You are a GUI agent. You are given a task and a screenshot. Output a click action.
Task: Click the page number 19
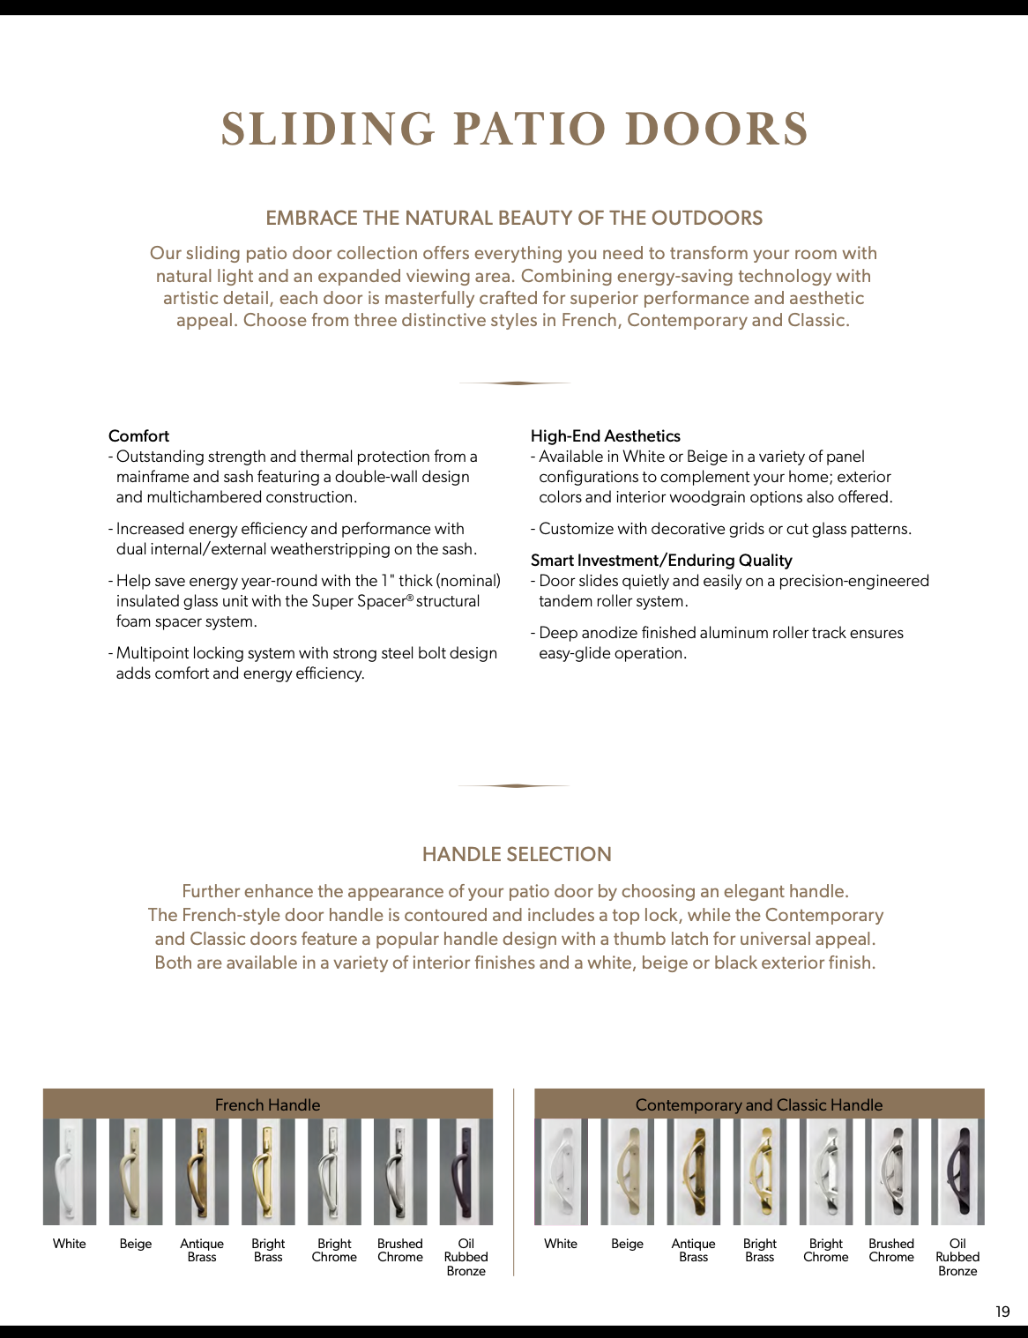1002,1312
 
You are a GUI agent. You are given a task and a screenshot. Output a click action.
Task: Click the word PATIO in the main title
529,129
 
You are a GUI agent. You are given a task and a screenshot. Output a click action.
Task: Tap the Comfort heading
138,435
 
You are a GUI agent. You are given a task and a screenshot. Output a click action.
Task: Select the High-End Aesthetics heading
605,435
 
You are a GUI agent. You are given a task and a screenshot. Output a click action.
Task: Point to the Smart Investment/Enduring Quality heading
661,560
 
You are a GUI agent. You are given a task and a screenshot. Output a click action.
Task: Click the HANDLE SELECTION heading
517,854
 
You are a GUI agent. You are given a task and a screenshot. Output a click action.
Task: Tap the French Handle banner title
267,1104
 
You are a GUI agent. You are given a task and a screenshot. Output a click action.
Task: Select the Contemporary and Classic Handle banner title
758,1104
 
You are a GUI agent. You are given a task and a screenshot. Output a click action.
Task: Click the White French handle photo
69,1172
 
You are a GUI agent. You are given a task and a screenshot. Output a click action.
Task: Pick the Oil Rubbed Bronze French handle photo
466,1172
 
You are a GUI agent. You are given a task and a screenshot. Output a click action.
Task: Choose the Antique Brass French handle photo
201,1172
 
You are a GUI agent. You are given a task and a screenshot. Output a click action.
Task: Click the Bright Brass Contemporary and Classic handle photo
759,1172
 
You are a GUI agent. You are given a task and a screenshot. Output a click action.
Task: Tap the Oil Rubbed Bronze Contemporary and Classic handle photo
957,1172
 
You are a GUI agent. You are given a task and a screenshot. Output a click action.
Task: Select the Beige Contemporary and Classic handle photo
627,1172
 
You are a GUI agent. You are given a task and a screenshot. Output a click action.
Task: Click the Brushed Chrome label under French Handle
400,1250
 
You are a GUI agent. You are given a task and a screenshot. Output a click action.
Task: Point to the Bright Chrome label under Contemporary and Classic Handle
825,1250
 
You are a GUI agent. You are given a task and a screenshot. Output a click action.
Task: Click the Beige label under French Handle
136,1244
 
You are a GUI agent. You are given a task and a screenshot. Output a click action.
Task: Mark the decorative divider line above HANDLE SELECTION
515,785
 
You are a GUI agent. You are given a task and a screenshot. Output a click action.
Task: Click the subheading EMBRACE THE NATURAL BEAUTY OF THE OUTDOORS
514,218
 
